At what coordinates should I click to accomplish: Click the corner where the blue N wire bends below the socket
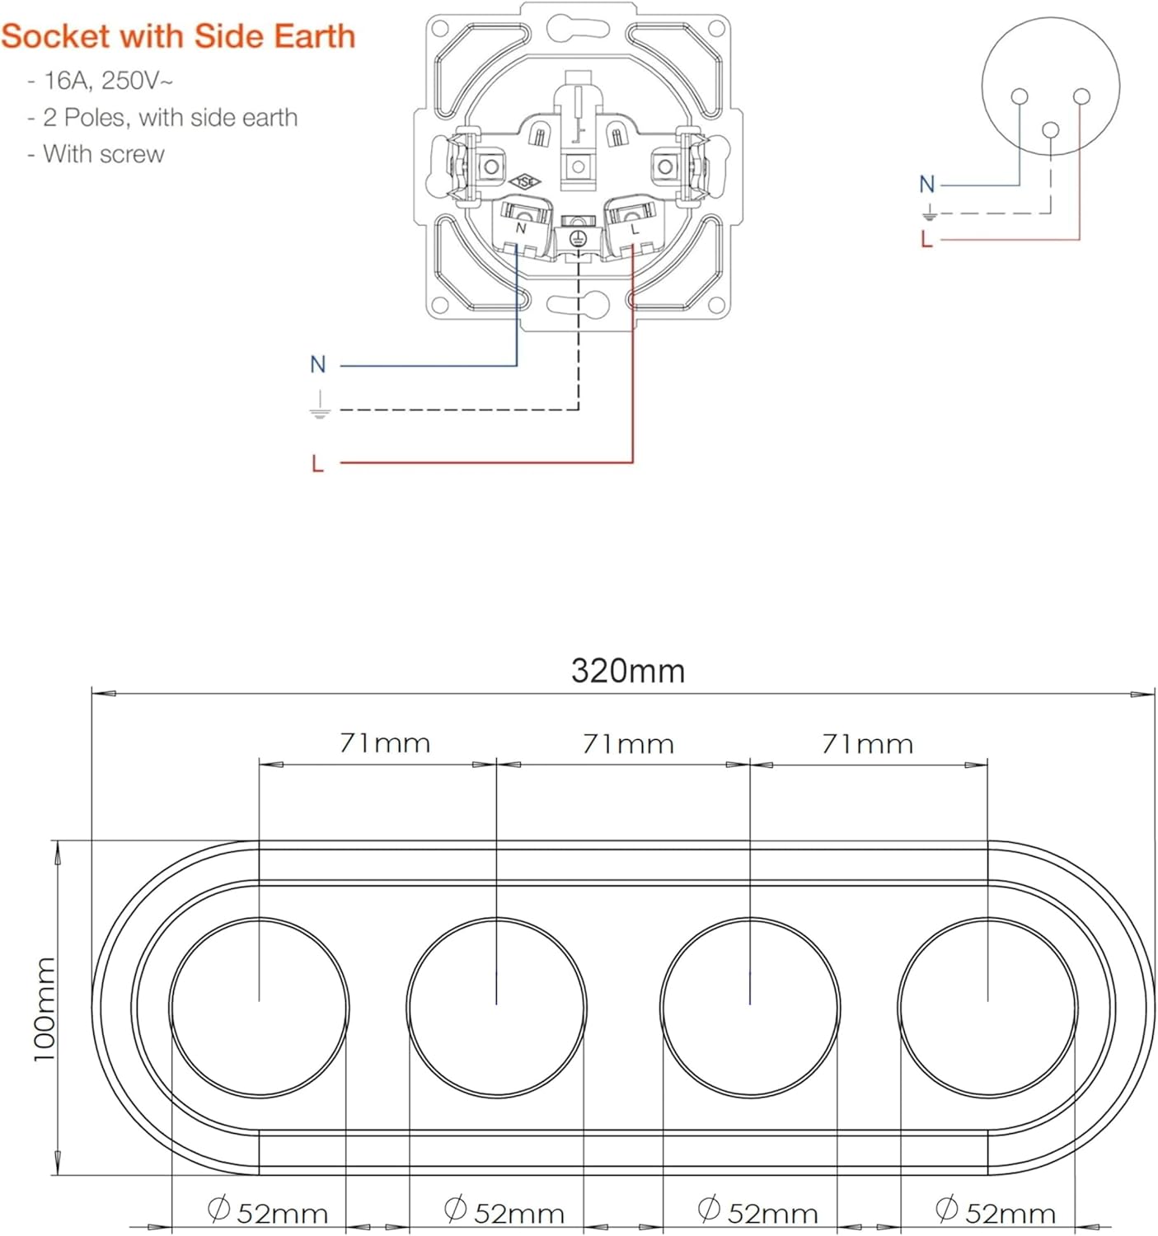tap(517, 365)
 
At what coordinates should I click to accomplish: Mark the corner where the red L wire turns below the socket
tap(632, 462)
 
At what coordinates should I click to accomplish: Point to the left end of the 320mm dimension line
tap(92, 693)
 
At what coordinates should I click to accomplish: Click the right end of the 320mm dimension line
tap(1155, 694)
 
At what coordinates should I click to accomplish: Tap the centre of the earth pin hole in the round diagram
tap(1050, 130)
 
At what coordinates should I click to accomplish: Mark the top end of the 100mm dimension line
tap(58, 840)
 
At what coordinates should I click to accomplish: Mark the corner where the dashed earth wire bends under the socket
tap(579, 410)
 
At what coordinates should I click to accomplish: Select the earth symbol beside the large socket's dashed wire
tap(320, 405)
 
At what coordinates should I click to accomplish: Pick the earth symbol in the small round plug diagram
tap(929, 212)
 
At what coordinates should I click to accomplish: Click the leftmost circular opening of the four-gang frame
tap(259, 1008)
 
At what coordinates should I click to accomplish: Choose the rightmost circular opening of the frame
tap(987, 1008)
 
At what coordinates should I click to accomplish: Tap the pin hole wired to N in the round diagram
tap(1020, 96)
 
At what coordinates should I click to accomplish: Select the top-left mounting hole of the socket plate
tap(440, 28)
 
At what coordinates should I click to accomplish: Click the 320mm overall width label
tap(628, 671)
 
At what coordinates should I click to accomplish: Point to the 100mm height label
tap(45, 1009)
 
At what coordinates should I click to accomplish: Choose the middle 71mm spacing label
tap(628, 744)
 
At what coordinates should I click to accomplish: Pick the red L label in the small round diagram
tap(926, 239)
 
